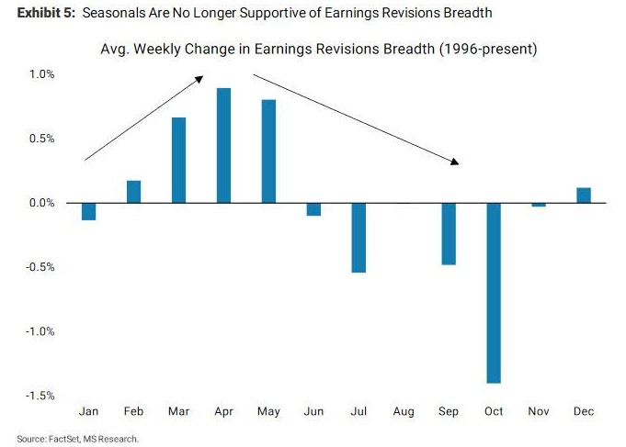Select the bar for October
(494, 293)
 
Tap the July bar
(359, 238)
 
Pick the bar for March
(178, 160)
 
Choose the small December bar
(584, 195)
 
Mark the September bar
(449, 233)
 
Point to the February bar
(133, 192)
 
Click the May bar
(268, 151)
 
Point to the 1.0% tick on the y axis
(40, 73)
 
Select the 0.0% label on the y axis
(40, 203)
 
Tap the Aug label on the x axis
(404, 412)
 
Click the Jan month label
(88, 412)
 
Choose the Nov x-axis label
(539, 412)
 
